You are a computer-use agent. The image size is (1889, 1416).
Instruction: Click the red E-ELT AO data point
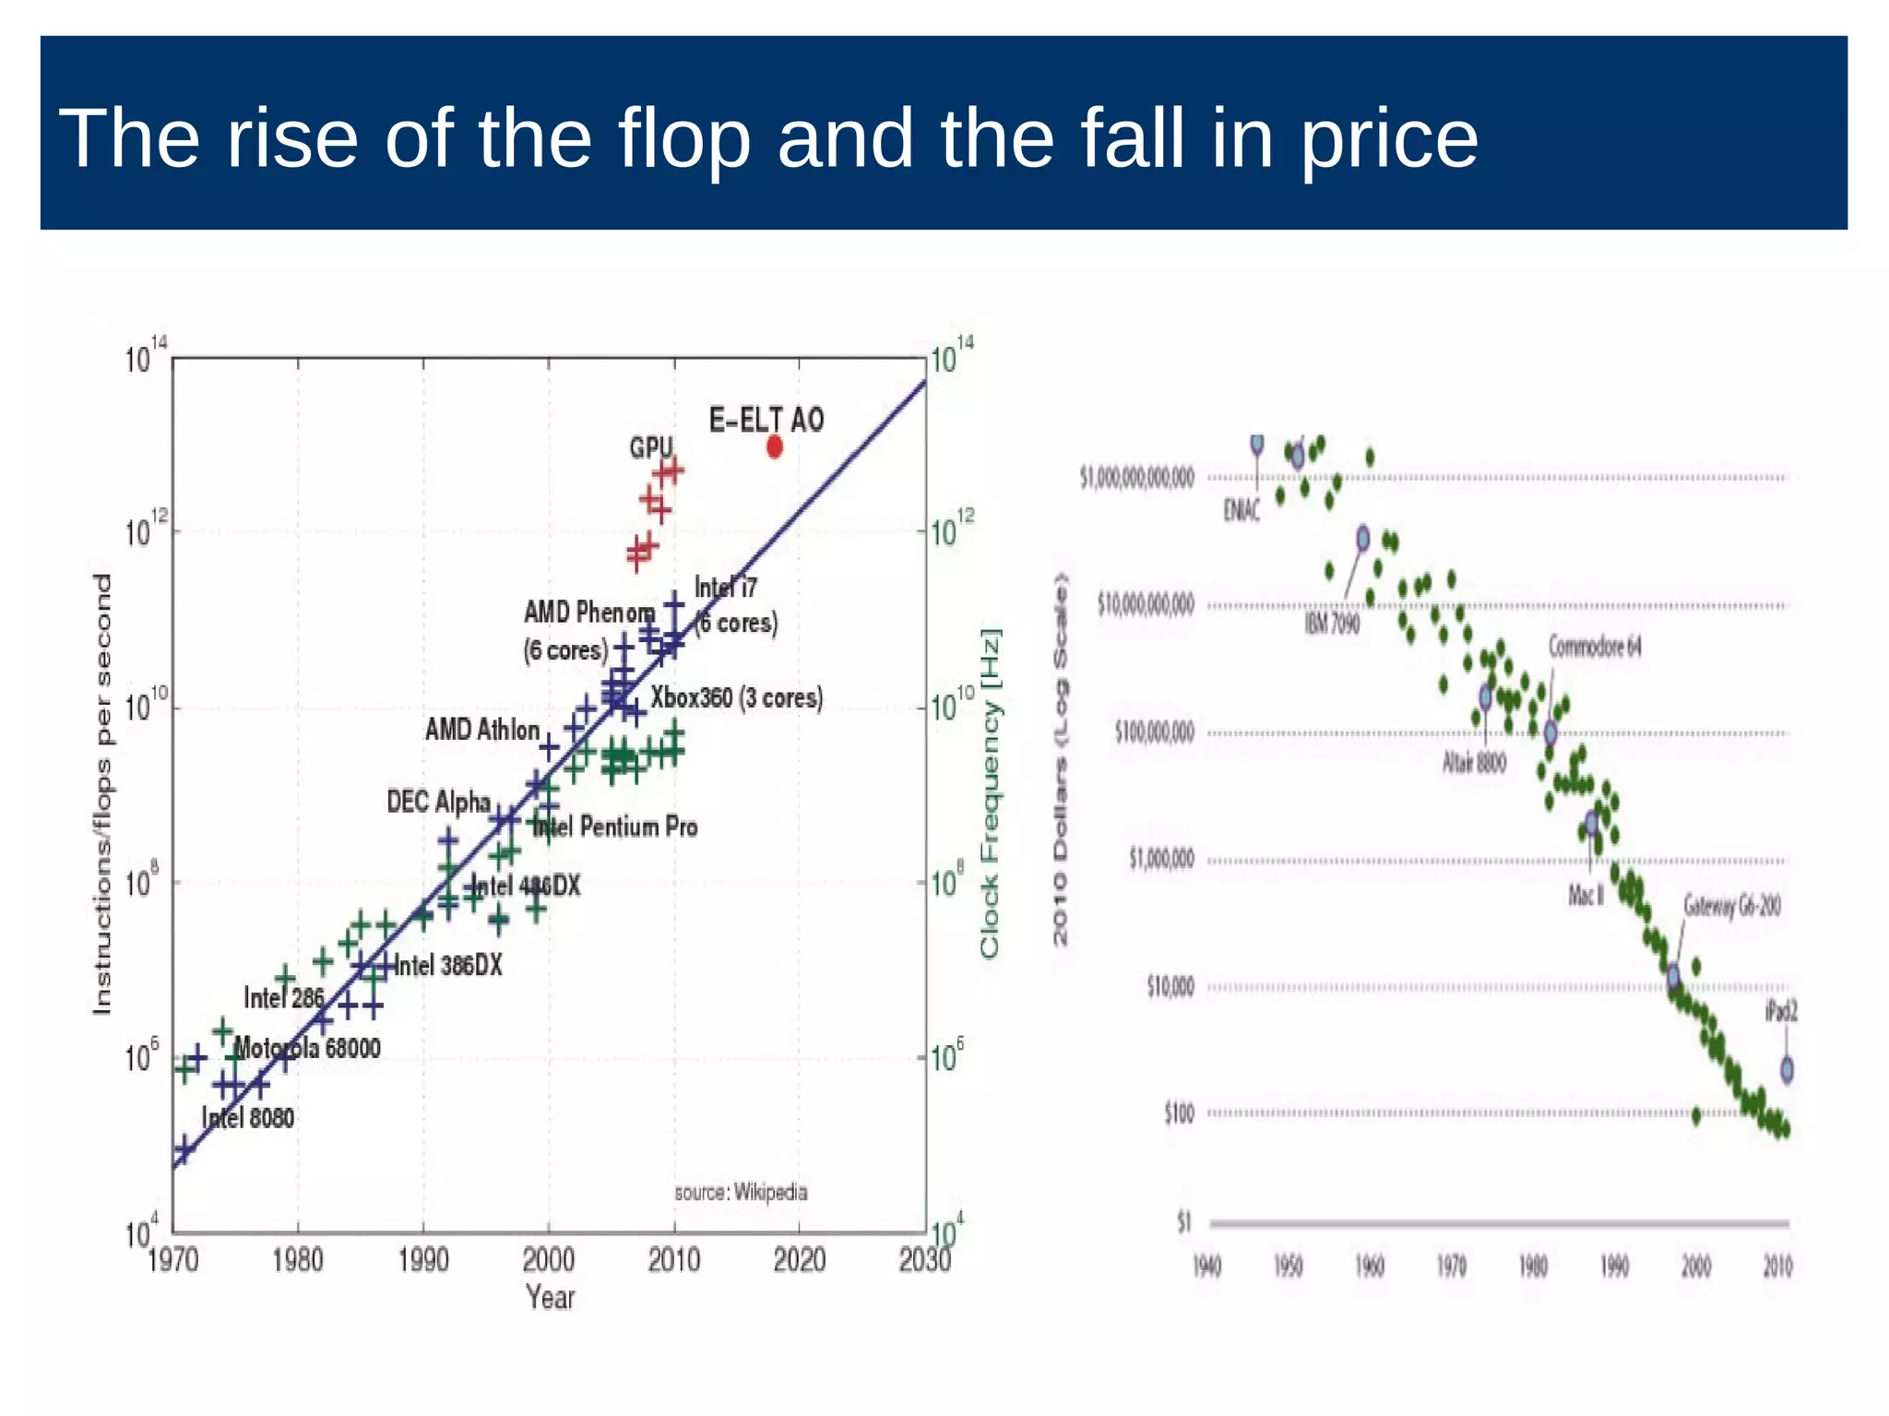[775, 446]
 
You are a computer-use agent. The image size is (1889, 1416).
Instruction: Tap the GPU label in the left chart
[651, 447]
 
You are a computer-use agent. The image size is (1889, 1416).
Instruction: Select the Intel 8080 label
[248, 1118]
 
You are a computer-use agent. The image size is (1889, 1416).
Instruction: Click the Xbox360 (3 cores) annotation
[736, 697]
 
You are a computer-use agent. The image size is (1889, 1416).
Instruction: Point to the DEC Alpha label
[438, 802]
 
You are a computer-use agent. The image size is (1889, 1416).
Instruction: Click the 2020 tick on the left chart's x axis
[799, 1260]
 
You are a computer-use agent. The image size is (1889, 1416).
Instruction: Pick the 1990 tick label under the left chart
[423, 1260]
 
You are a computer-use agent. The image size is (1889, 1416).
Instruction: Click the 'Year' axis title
[550, 1298]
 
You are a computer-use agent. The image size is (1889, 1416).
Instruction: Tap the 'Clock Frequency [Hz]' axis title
[990, 793]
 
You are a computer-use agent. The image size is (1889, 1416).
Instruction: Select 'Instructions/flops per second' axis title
[102, 793]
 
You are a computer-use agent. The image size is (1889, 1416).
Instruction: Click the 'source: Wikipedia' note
[741, 1192]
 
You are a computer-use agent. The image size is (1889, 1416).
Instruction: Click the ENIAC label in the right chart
[1242, 510]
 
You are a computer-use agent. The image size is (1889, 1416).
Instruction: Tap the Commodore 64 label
[1595, 646]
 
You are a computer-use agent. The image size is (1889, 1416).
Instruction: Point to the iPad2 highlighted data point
[1787, 1069]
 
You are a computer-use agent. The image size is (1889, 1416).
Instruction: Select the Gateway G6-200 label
[1731, 906]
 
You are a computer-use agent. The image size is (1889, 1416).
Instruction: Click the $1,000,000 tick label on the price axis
[1161, 860]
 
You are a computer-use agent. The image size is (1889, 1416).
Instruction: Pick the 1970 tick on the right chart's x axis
[1451, 1267]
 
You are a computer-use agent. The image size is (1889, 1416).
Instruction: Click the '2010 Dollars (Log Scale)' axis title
[1061, 758]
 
